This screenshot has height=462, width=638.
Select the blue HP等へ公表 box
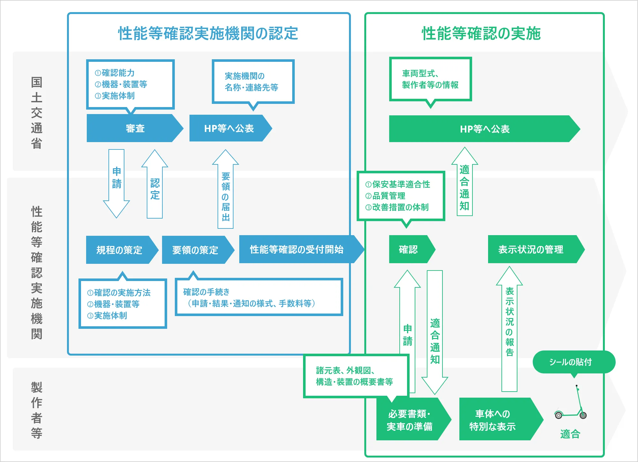[229, 128]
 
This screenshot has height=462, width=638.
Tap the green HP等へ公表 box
[484, 129]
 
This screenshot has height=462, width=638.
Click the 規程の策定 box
[119, 250]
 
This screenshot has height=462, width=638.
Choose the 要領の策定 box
[195, 250]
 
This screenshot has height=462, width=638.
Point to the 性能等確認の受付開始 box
[297, 249]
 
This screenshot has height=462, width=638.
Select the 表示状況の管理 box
[531, 249]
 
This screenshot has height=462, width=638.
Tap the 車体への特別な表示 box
[493, 420]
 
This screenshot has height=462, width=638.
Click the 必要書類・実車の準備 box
[410, 420]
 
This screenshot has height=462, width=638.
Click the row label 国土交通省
[37, 113]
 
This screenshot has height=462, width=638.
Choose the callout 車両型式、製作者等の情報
[430, 79]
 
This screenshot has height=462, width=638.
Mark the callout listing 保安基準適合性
[401, 196]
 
